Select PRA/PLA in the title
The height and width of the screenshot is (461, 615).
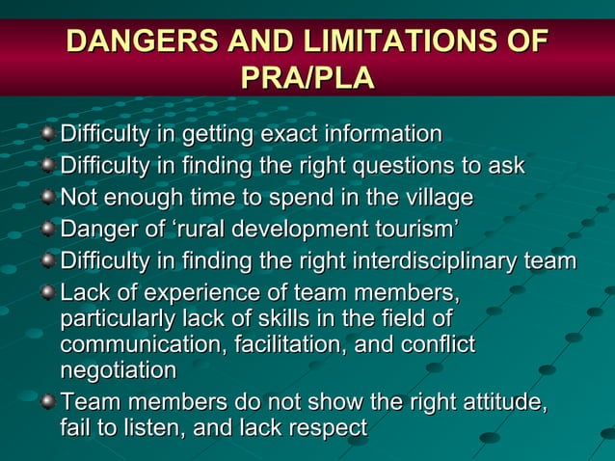[x=307, y=76]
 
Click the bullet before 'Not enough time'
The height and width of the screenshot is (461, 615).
[x=47, y=199]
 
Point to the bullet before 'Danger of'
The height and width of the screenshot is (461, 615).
[x=47, y=230]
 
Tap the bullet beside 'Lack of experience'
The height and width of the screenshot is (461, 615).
[x=47, y=292]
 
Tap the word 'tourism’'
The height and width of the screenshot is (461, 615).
[x=415, y=230]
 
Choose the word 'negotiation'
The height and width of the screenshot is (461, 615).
[x=119, y=370]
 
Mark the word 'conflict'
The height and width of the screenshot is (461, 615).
[x=438, y=343]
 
